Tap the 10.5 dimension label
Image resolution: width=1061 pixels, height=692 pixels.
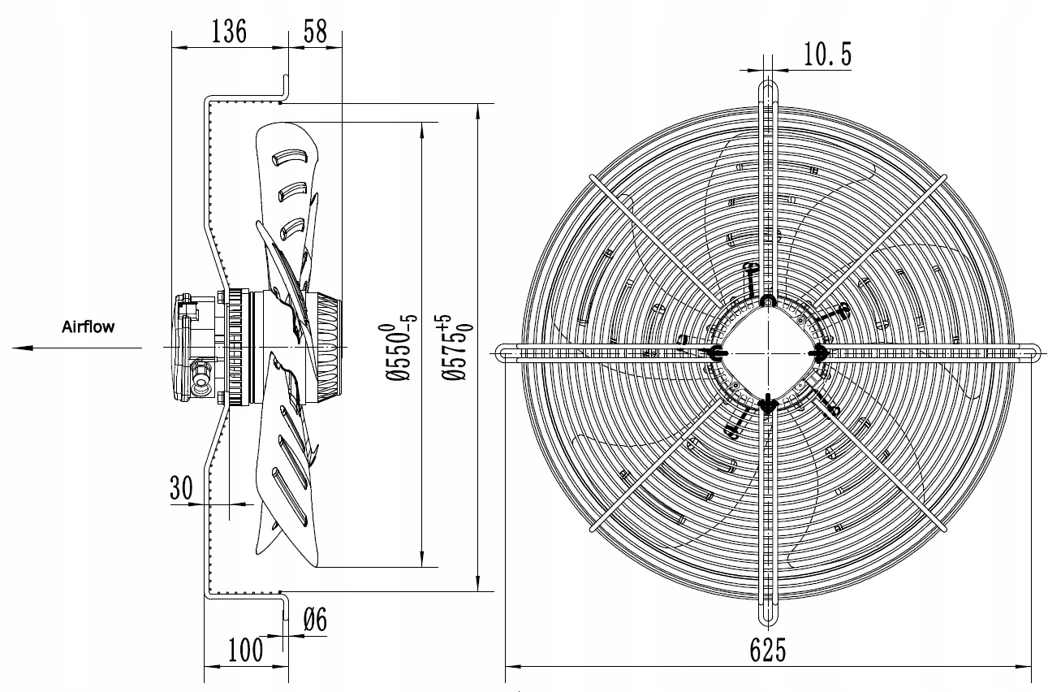827,54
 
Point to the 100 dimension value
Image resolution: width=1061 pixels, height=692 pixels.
245,649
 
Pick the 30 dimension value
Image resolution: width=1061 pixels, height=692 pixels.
181,487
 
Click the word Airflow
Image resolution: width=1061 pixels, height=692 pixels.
88,327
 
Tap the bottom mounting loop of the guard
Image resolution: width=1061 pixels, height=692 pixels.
768,613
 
